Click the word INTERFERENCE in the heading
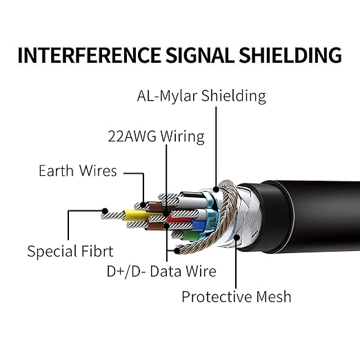(89, 55)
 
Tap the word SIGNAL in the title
(200, 55)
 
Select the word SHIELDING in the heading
(290, 55)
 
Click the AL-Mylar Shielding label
(201, 96)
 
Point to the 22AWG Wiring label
(156, 136)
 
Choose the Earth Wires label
(78, 171)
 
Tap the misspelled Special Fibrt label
(70, 251)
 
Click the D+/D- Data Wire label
(161, 271)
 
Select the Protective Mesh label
(237, 297)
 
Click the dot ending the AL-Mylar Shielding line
(216, 190)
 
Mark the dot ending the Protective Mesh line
(237, 238)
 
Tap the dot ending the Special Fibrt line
(105, 211)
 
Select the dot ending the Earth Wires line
(143, 205)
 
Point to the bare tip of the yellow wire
(112, 216)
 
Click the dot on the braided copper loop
(177, 250)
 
